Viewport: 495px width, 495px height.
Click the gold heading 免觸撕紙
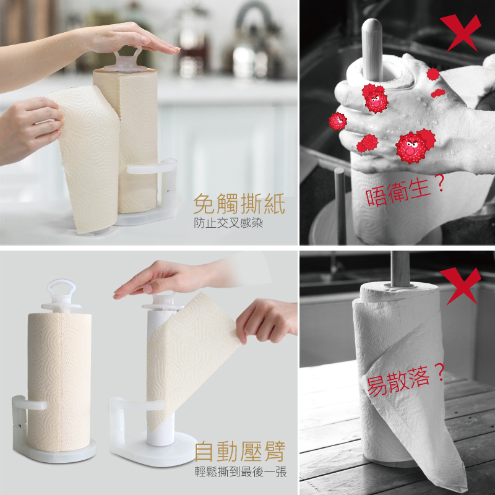tap(239, 204)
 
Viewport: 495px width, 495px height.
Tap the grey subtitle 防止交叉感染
tap(228, 223)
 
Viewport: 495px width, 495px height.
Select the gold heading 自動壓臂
tap(240, 452)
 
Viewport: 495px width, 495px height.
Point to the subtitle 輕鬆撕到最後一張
tap(241, 472)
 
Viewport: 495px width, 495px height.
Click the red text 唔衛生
tap(398, 192)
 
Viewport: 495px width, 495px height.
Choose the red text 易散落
tap(398, 380)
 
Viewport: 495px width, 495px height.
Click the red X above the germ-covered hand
tap(461, 33)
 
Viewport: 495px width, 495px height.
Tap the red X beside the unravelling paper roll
tap(461, 286)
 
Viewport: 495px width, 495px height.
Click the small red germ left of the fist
tap(337, 121)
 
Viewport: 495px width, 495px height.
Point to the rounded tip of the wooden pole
tap(372, 24)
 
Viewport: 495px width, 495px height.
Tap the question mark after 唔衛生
tap(439, 183)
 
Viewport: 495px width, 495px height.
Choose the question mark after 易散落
tap(439, 372)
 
